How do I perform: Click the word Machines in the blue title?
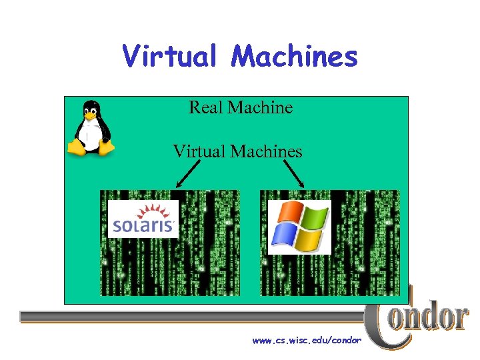(294, 56)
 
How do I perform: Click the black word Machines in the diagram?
(266, 151)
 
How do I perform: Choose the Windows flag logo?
(299, 227)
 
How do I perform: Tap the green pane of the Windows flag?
(314, 218)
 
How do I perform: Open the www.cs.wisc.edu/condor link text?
(307, 341)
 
